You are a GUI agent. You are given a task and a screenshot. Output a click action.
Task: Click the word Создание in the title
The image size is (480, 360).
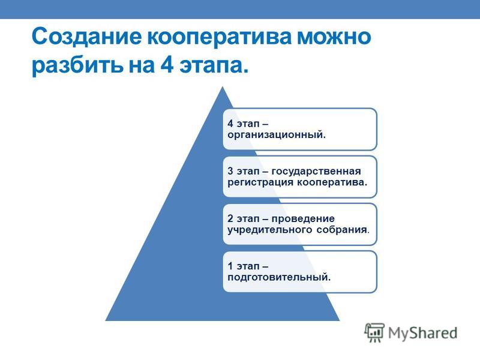point(86,37)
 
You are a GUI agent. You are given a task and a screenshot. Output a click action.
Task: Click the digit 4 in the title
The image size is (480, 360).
point(167,64)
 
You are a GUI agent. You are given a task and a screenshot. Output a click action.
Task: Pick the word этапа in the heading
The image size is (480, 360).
point(214,65)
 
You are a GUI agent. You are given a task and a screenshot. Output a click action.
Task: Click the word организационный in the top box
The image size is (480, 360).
point(277,134)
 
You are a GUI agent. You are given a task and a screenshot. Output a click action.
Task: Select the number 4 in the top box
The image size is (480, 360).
point(230,124)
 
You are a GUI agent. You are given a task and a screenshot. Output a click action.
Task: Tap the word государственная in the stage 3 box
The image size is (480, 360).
point(316,172)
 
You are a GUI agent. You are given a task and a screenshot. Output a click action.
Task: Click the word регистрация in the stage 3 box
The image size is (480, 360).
point(260,182)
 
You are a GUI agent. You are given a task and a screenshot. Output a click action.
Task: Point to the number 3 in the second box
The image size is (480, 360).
point(230,171)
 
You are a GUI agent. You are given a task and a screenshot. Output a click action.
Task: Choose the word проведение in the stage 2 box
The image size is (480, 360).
point(303,219)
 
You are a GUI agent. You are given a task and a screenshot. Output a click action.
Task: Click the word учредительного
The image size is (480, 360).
point(269,230)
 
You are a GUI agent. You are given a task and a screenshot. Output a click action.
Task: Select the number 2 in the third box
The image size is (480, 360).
point(230,218)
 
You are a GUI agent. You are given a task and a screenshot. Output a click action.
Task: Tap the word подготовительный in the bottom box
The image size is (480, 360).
point(279,278)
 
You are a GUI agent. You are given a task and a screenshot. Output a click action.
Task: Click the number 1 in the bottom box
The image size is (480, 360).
point(230,266)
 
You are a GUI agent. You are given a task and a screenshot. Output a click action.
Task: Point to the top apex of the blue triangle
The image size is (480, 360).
point(223,87)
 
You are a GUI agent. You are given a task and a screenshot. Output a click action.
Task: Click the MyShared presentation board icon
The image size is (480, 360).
point(374,332)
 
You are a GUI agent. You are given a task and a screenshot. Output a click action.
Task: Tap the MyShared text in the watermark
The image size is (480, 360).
point(423,333)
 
